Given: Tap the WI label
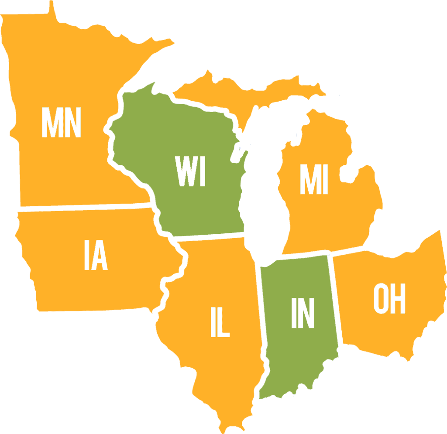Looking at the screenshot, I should point(190,171).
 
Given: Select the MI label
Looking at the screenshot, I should point(313,180).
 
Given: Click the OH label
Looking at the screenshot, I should point(389,299).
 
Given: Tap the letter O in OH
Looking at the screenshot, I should point(381,299).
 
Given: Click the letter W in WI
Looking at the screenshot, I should point(183,171).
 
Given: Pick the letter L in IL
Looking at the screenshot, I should point(223,323).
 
